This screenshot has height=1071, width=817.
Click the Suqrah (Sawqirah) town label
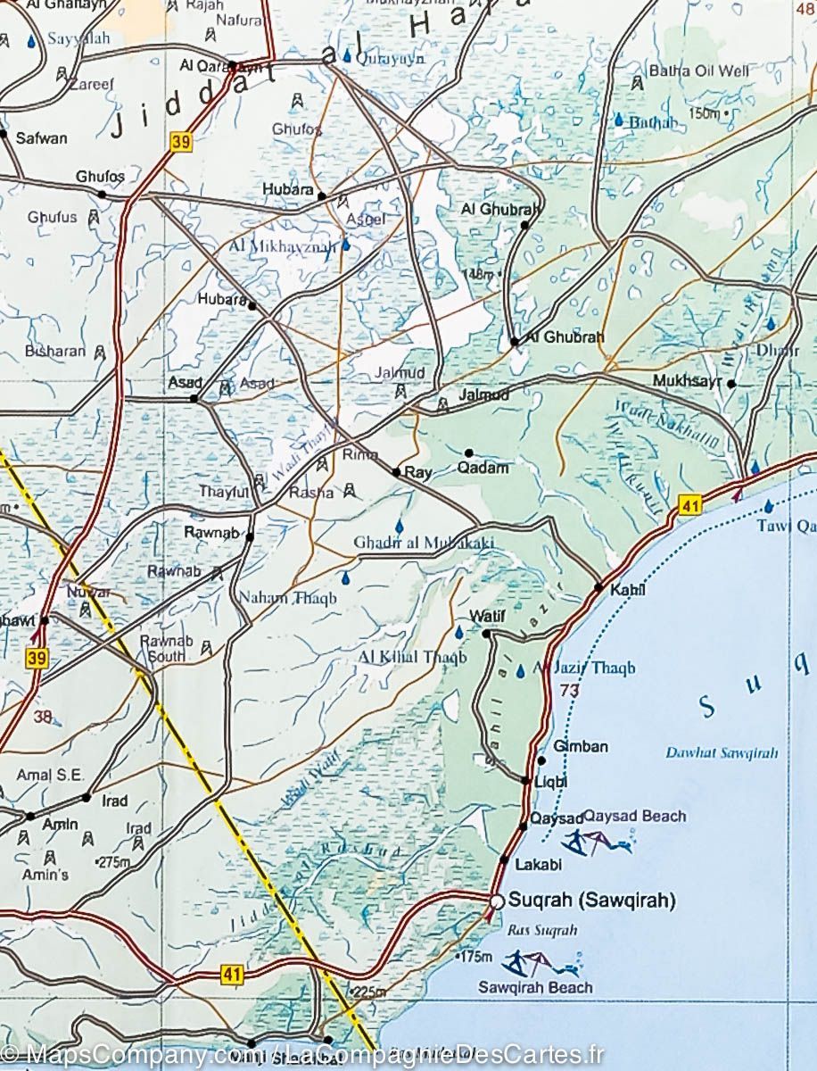tap(592, 900)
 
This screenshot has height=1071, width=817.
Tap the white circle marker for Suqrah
tap(497, 901)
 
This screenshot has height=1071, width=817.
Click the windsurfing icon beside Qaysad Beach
tap(596, 842)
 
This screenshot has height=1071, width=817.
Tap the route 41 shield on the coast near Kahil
tap(687, 506)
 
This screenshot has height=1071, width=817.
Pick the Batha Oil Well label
tap(698, 71)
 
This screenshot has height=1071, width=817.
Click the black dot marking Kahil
tap(598, 586)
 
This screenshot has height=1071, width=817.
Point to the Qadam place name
tap(483, 468)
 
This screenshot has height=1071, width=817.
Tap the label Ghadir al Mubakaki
tap(423, 543)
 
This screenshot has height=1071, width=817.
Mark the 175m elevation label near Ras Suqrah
tap(473, 958)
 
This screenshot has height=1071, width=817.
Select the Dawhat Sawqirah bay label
tap(722, 752)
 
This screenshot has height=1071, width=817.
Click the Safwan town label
tap(40, 138)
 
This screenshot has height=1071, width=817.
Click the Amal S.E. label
tap(44, 776)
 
